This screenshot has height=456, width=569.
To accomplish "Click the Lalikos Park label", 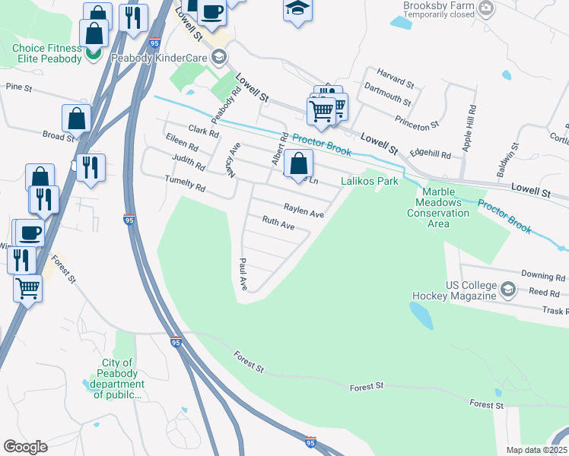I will click(x=369, y=182).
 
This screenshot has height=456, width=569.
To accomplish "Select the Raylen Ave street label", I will click(x=304, y=209).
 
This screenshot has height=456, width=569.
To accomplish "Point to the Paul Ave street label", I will click(x=243, y=274).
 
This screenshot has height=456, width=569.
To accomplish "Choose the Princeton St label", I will click(x=417, y=120).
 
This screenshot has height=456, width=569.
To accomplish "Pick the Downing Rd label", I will click(x=543, y=277).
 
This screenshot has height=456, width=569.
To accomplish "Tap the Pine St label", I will click(x=17, y=88).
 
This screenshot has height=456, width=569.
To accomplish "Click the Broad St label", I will click(x=59, y=136).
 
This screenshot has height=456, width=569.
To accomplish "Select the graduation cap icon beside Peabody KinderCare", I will click(x=219, y=57).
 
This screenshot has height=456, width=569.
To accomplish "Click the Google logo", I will click(x=26, y=447).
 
